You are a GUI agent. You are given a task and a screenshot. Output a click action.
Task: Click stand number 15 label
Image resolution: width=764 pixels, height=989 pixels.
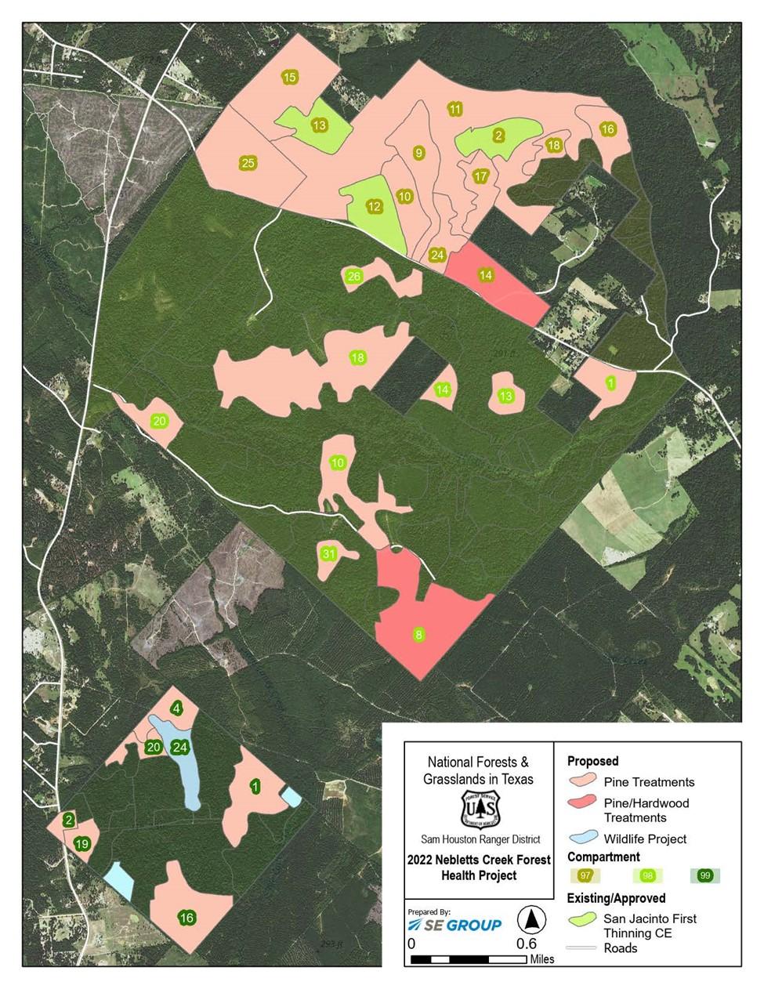click(x=289, y=77)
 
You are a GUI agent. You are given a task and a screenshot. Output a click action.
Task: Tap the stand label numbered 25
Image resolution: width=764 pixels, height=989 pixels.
click(x=248, y=163)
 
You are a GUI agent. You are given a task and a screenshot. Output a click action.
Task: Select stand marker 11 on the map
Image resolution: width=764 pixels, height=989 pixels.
click(x=454, y=108)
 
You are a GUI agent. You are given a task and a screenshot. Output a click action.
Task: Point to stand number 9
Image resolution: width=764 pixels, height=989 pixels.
click(x=418, y=153)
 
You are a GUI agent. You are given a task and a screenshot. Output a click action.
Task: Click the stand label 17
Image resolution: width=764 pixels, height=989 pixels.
click(x=480, y=176)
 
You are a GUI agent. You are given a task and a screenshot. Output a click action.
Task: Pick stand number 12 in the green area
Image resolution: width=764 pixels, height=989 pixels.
click(x=374, y=207)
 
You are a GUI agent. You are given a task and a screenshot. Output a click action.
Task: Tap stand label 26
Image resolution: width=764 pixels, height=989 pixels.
click(x=353, y=276)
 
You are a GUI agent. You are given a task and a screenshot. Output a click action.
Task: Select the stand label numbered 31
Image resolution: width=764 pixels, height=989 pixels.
click(x=329, y=554)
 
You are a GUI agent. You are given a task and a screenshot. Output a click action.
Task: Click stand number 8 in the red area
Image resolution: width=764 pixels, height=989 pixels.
click(x=419, y=634)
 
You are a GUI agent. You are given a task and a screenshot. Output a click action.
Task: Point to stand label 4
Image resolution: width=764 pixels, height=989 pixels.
click(x=177, y=708)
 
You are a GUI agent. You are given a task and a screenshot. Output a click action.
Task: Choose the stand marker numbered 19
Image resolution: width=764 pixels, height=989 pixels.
click(x=81, y=844)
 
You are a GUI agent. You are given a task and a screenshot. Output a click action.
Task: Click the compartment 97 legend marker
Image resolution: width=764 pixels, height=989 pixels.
click(x=584, y=875)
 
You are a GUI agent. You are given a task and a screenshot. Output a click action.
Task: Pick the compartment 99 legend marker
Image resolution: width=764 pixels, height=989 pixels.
click(x=705, y=875)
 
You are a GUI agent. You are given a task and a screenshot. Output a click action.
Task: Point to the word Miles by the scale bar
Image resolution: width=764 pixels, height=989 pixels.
click(x=541, y=959)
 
